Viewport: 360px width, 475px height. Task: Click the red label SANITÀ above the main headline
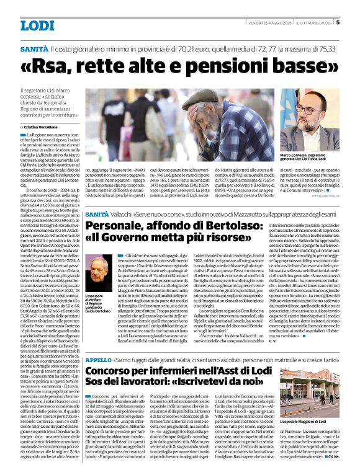tap(33, 48)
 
